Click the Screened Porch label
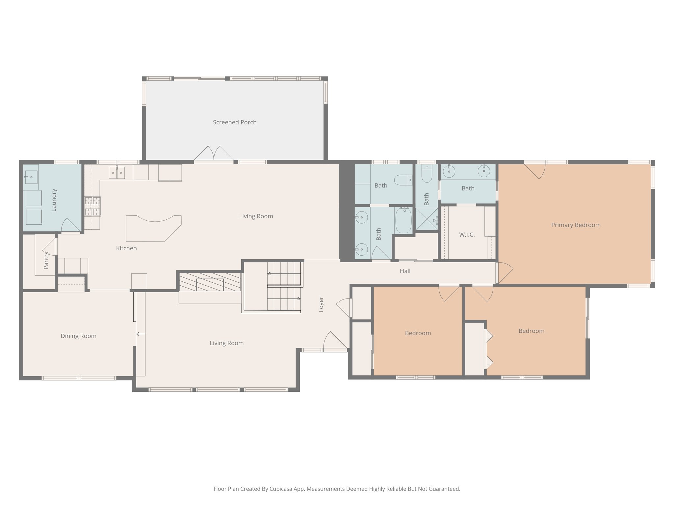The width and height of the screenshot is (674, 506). click(x=234, y=122)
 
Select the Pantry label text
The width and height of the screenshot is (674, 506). click(x=46, y=260)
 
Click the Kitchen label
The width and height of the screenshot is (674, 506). click(x=126, y=248)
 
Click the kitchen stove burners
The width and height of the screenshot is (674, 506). click(x=92, y=206)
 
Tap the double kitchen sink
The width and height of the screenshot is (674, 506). click(x=117, y=173)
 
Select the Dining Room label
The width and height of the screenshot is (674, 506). click(x=78, y=336)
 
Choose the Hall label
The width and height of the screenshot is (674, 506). click(x=405, y=271)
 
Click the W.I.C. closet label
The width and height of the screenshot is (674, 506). click(x=467, y=235)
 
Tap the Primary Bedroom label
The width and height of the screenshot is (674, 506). click(x=576, y=225)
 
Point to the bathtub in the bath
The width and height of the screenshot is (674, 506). click(x=403, y=220)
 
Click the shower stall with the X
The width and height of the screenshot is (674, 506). click(x=427, y=219)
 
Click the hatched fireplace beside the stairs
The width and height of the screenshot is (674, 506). click(x=210, y=282)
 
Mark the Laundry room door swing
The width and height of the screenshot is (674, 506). click(x=70, y=225)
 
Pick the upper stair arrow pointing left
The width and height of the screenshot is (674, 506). click(x=269, y=274)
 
